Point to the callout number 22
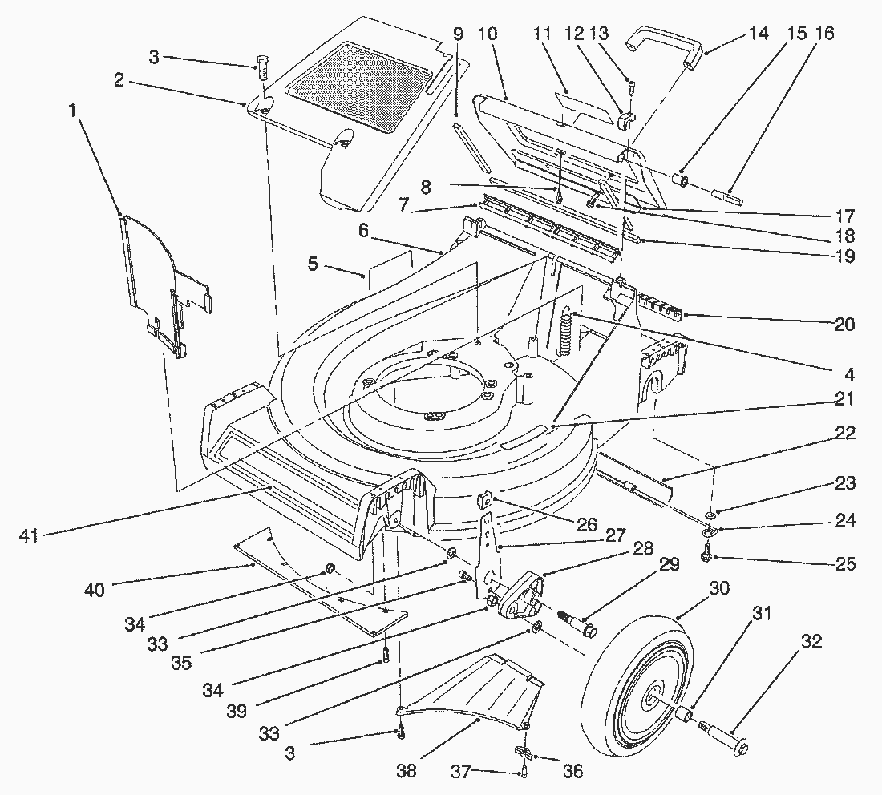click(x=844, y=434)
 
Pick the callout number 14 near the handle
click(x=758, y=34)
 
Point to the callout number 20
click(x=844, y=325)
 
